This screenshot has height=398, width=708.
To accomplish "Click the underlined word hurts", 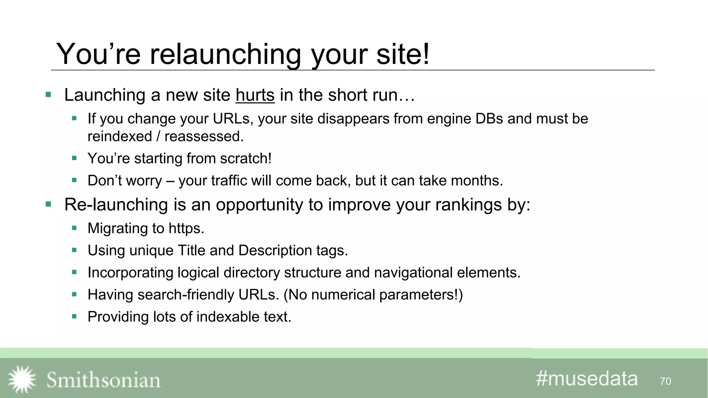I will pos(255,95).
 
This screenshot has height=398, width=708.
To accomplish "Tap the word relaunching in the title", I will pos(225,54).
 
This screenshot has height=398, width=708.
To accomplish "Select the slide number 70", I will pos(665,381).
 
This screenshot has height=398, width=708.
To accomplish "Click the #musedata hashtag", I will pos(587,379).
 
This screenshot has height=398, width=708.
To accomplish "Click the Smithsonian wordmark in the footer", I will pos(103,380).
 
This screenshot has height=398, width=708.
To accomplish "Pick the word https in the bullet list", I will pos(186,228).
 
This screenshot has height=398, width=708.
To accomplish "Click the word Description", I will pos(275,250).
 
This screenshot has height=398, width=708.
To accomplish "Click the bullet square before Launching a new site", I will pos(48,95).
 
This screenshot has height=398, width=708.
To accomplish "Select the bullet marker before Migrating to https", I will pos(74,228).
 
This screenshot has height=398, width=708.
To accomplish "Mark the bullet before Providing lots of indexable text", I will pos(74,316).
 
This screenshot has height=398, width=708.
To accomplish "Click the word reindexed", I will pos(120,136).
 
